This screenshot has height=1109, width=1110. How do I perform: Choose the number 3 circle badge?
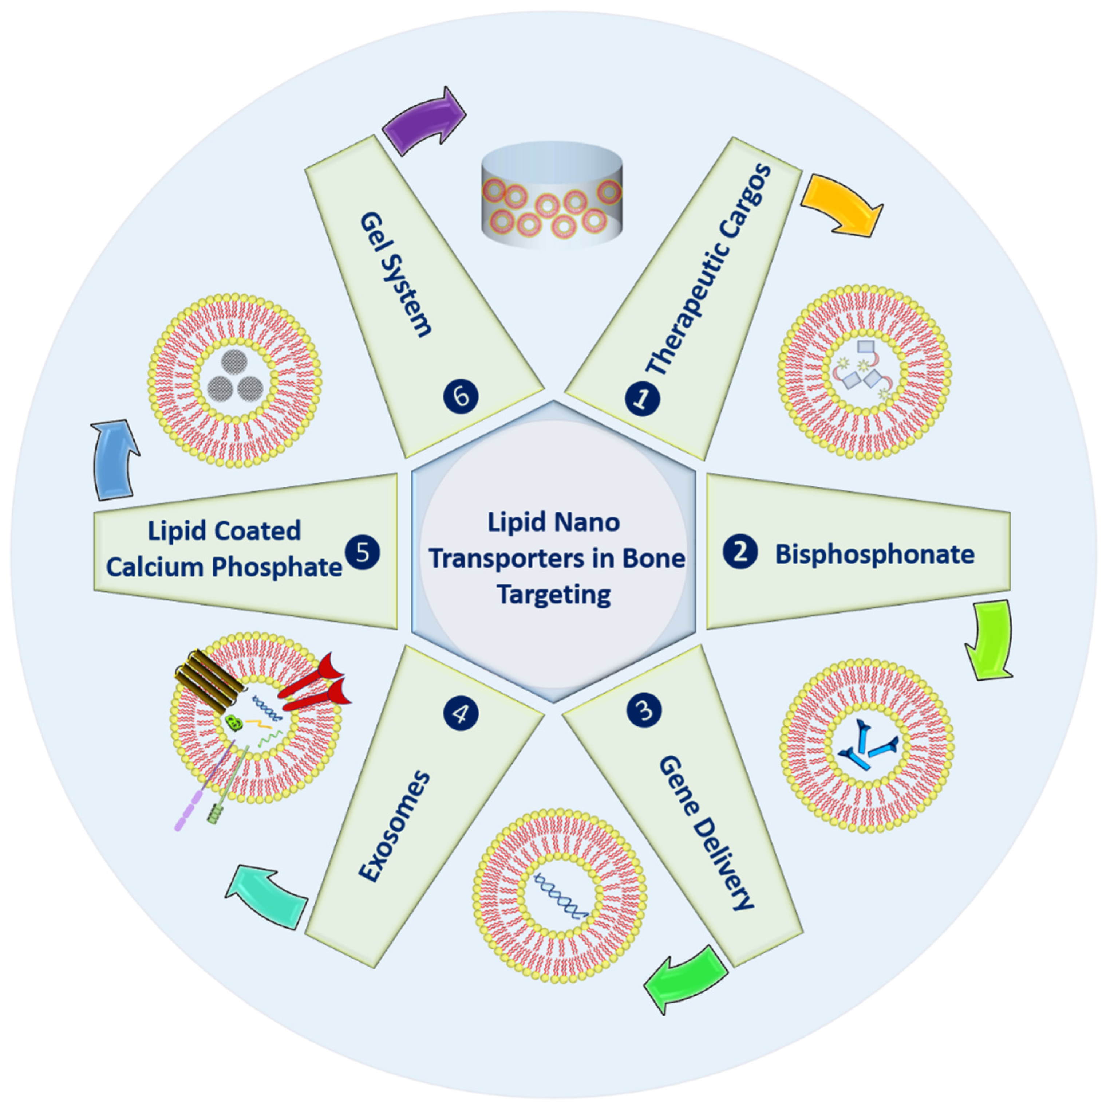point(644,710)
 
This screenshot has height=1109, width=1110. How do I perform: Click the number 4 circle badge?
point(461,713)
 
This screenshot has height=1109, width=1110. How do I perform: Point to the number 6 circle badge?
point(461,396)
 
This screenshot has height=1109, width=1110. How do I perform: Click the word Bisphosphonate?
point(874,554)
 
